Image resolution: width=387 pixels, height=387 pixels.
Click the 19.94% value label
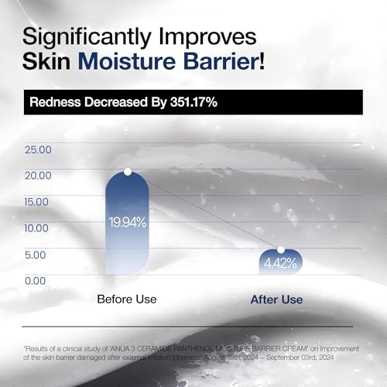tap(127, 222)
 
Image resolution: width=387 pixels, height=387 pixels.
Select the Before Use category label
tap(127, 299)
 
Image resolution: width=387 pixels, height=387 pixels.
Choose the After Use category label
tap(277, 300)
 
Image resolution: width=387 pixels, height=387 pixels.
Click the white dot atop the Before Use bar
tap(128, 172)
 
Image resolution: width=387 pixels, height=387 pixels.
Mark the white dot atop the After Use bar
tap(281, 250)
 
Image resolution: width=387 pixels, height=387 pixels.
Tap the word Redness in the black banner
tap(53, 101)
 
